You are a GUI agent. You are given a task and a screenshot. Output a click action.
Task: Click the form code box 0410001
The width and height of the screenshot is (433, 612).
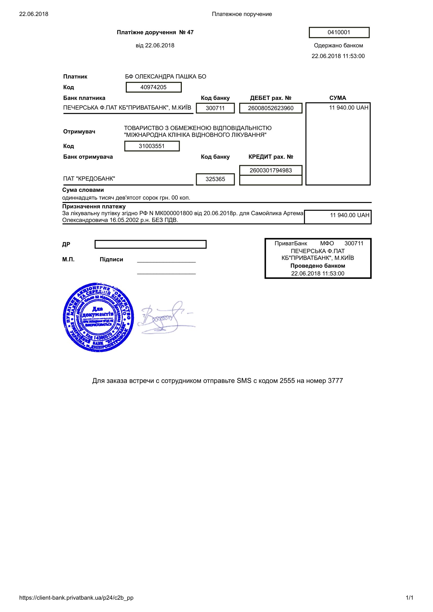pos(339,32)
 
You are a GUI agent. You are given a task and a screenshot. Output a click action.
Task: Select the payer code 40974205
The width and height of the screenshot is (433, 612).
pos(154,87)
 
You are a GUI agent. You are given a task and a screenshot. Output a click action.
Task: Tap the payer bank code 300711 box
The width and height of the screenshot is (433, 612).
pos(215,108)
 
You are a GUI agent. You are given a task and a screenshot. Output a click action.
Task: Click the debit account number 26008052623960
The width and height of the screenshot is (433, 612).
pos(271,108)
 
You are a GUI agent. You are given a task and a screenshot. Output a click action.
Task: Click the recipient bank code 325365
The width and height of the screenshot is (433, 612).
pos(215,179)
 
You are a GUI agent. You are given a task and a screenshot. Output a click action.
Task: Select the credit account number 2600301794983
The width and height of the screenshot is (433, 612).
pos(271,170)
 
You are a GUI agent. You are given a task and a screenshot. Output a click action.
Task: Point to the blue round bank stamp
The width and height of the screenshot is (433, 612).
pos(98,317)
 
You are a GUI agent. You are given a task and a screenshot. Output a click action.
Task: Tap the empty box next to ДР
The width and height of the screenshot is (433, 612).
pos(150,244)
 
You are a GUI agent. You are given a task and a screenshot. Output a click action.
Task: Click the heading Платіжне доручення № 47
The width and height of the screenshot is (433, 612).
pos(155,32)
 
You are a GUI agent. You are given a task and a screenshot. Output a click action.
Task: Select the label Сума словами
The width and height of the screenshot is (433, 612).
pos(83,190)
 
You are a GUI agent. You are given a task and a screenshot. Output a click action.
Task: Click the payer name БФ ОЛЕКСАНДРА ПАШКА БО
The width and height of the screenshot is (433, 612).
pos(165,76)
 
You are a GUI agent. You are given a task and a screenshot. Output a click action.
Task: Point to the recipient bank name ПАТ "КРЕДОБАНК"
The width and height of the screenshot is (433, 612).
pos(89,179)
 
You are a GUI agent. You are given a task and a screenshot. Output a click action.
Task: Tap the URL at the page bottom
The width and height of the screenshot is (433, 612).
pos(76,598)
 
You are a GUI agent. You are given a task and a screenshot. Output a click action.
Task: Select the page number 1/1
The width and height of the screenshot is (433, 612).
pos(409,598)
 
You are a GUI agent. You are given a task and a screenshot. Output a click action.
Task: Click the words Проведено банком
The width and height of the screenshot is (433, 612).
pos(317,266)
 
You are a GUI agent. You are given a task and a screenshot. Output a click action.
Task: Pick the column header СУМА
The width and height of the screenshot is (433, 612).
pos(337,98)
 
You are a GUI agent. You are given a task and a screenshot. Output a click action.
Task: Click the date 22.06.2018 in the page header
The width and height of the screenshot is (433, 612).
pos(34,14)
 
